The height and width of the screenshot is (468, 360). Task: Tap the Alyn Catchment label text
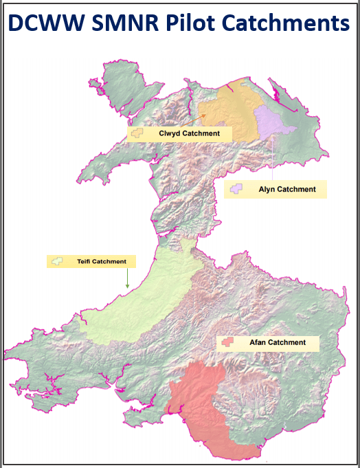point(287,189)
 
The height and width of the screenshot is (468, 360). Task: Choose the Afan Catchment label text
point(277,342)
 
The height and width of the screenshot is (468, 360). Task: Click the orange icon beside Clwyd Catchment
point(139,133)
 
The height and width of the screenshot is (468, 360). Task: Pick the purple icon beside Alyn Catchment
point(237,189)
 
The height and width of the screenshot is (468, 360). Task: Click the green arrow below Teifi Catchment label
point(127,278)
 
